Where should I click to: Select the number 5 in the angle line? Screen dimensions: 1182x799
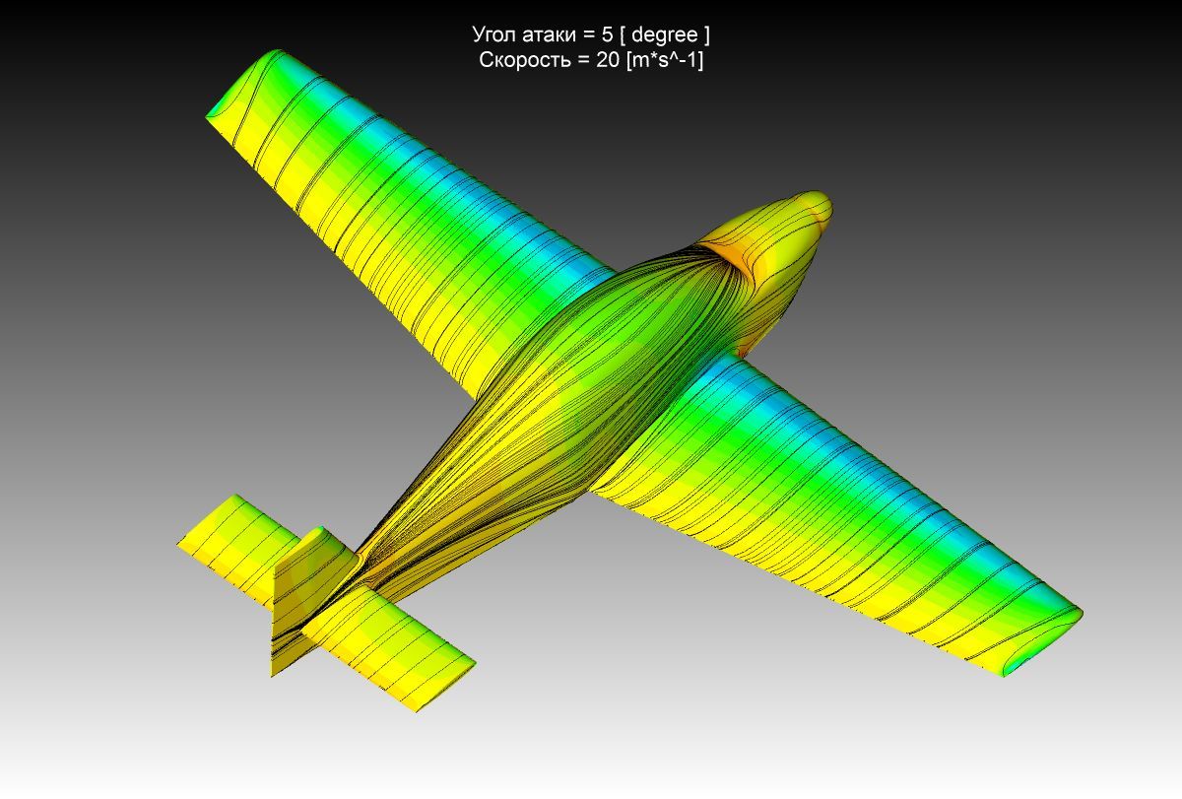click(607, 34)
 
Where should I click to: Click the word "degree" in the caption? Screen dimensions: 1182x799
click(664, 34)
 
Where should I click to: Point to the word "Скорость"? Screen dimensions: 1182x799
click(524, 60)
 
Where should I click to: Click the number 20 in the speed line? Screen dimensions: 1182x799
click(608, 60)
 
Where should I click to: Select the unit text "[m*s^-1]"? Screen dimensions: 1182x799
click(664, 61)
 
